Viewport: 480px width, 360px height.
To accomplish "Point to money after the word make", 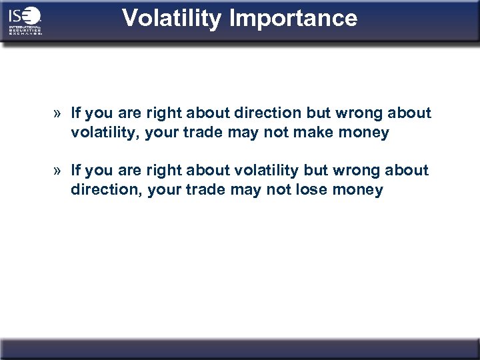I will [x=365, y=133].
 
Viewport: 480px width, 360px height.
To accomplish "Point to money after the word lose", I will [x=360, y=190].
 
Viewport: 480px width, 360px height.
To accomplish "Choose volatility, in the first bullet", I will [x=104, y=133].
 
